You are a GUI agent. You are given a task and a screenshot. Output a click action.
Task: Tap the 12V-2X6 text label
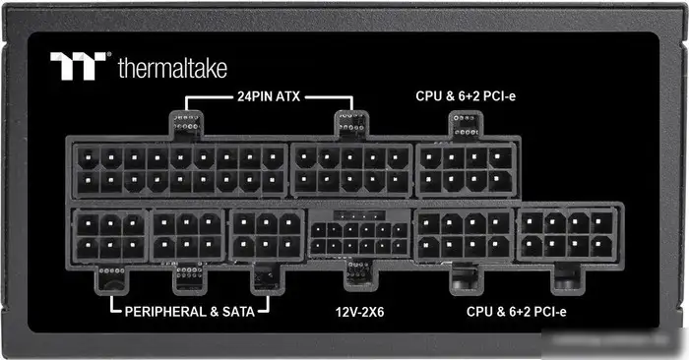(358, 312)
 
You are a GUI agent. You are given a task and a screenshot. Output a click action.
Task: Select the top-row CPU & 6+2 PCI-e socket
(466, 169)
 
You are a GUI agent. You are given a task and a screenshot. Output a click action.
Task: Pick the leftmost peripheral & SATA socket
(108, 235)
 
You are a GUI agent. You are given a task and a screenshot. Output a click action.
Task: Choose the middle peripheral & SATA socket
(187, 235)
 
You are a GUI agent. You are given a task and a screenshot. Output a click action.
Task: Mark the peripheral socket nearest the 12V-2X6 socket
(267, 235)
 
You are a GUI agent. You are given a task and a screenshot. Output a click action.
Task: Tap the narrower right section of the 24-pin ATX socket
(350, 169)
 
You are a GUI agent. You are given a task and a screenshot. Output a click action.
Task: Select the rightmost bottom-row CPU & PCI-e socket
(568, 235)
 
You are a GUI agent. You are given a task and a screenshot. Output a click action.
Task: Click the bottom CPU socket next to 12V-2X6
(463, 235)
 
